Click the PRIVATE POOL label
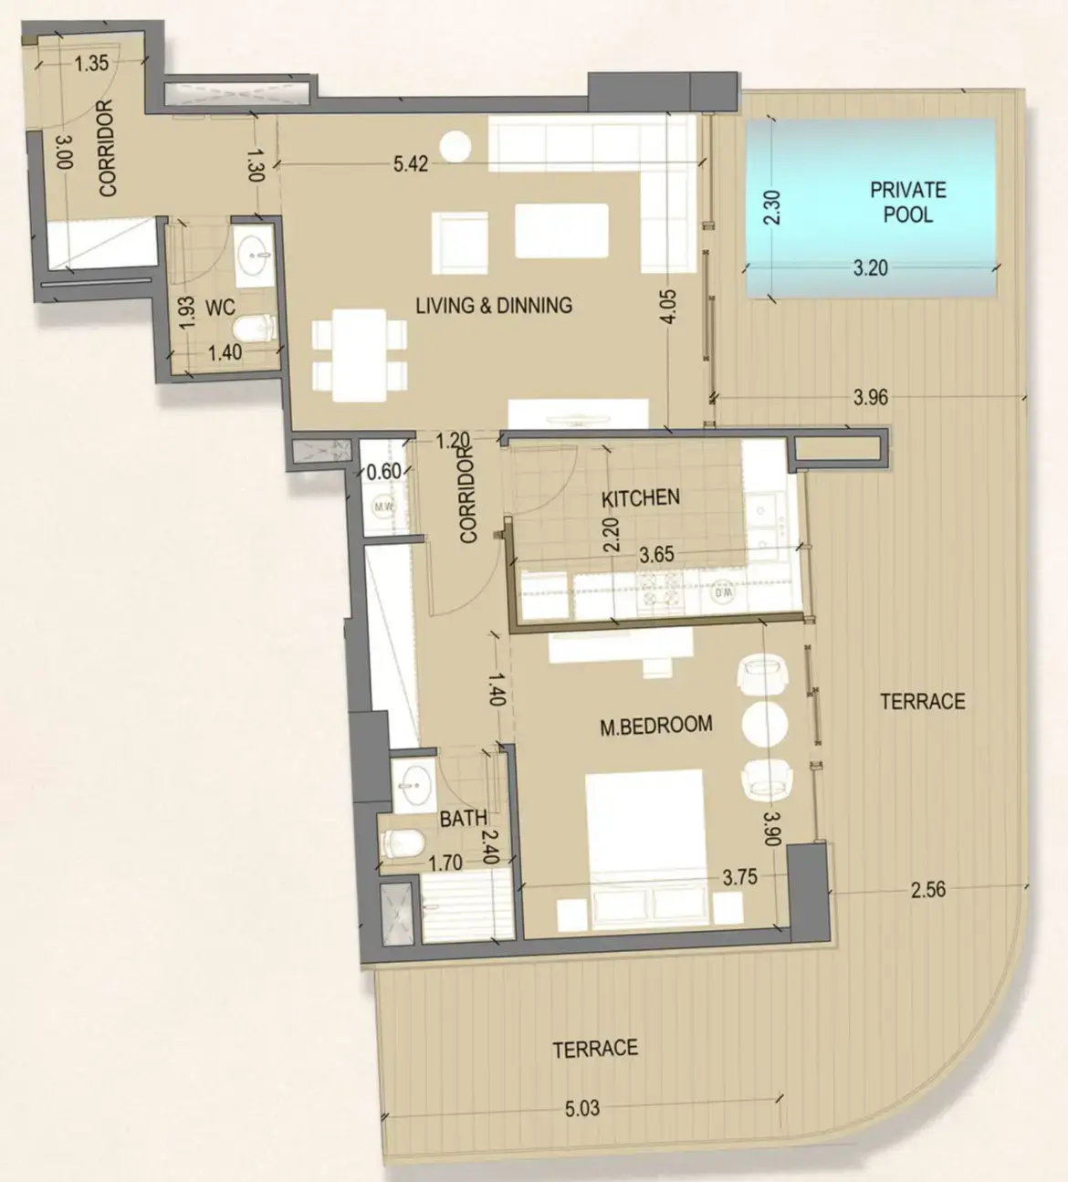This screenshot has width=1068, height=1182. (x=907, y=202)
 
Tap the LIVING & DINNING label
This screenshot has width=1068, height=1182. (x=494, y=306)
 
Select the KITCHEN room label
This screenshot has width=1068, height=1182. (x=641, y=497)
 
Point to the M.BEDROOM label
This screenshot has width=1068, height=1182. (x=655, y=726)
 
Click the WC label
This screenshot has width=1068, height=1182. (x=220, y=308)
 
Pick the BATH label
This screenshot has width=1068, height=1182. (x=463, y=819)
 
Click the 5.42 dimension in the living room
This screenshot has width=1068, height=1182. (x=411, y=165)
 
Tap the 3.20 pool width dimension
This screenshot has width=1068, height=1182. (x=870, y=268)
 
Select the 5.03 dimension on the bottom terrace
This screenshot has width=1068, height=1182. (x=581, y=1109)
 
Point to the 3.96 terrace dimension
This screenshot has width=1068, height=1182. (x=870, y=397)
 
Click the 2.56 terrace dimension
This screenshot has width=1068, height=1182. (x=927, y=889)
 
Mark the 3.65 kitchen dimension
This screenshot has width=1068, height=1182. (x=656, y=554)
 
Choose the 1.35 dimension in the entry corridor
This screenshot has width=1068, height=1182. (x=91, y=63)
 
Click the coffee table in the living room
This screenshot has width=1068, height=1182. (x=561, y=231)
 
